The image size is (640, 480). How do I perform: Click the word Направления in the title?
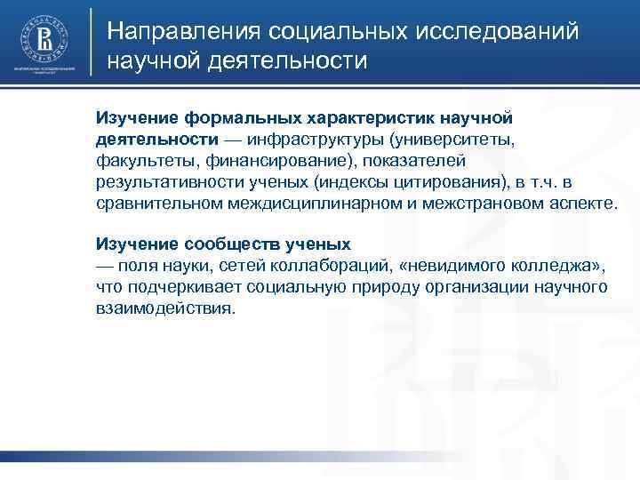[183, 33]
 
